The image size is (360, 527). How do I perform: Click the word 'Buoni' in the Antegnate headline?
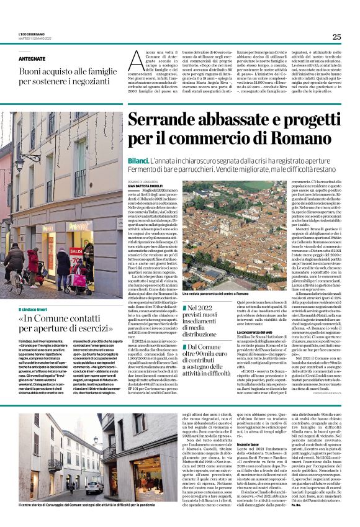pyautogui.click(x=30, y=72)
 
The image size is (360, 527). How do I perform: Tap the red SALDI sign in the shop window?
pyautogui.click(x=76, y=251)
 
